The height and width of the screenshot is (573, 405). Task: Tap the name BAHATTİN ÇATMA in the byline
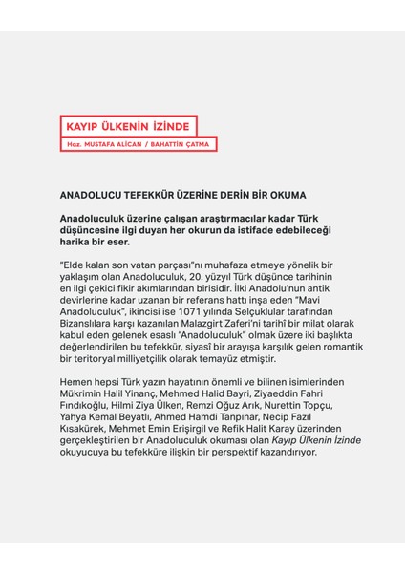pyautogui.click(x=183, y=144)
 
